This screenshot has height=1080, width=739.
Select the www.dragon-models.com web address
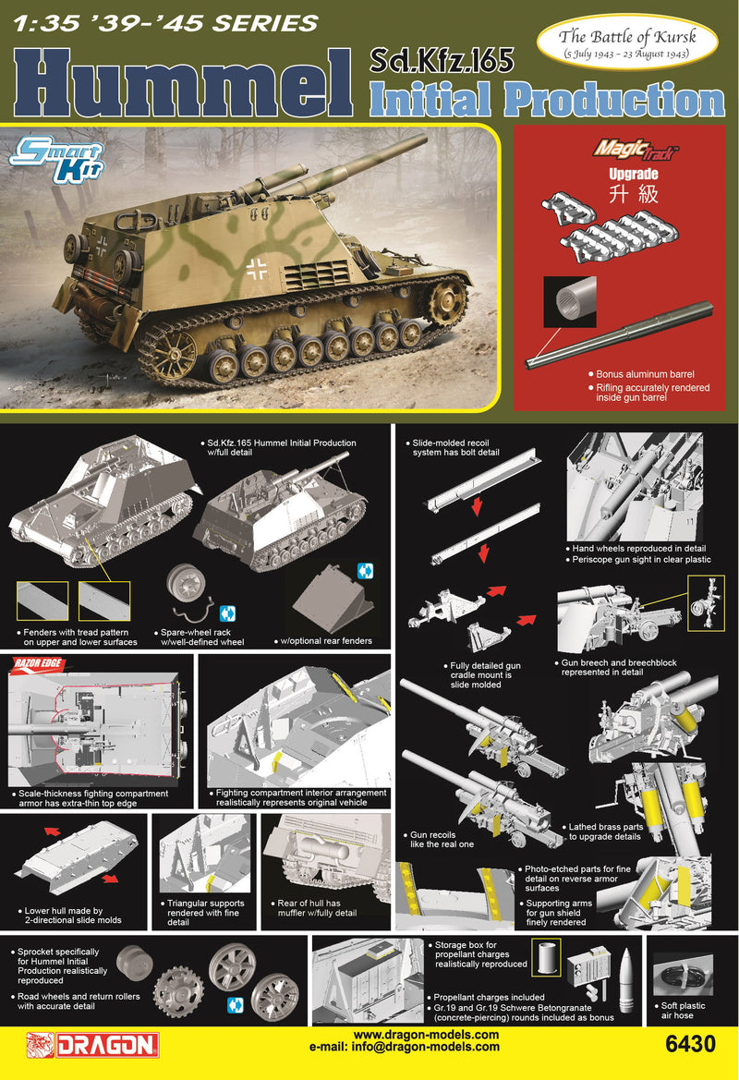[x=426, y=1035]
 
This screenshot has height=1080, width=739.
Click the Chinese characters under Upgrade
[x=620, y=197]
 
